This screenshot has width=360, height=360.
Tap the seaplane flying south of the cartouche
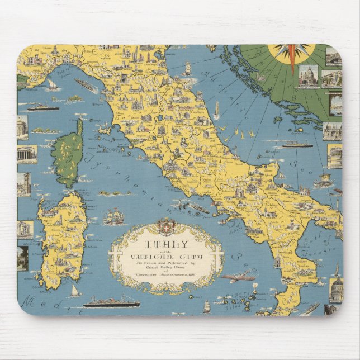tap(237, 276)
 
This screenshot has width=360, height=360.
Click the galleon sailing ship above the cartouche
tap(114, 215)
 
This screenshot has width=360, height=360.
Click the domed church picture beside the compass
tap(307, 76)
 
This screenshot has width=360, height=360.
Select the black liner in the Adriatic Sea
tap(296, 144)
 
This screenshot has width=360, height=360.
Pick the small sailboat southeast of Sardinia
tap(75, 291)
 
